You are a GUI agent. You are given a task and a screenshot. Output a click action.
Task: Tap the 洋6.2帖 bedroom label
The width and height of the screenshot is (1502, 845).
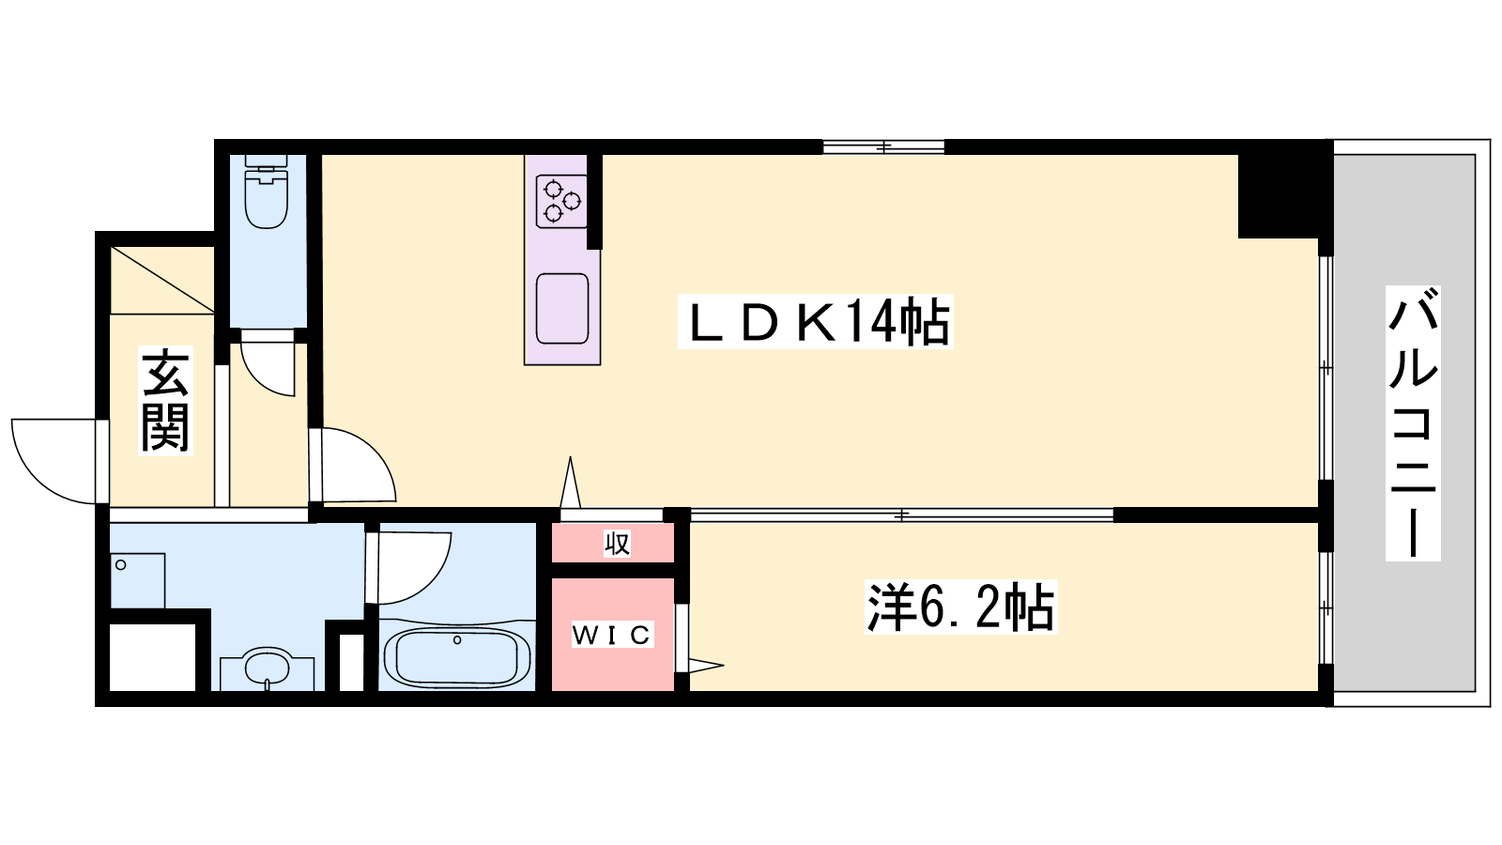tap(960, 607)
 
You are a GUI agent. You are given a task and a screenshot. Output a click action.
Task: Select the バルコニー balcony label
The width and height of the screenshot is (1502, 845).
tap(1413, 423)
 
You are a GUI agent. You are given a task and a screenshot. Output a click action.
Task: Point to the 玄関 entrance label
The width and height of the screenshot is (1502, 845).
tap(165, 401)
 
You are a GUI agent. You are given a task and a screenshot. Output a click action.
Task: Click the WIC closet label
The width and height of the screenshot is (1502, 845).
tap(611, 635)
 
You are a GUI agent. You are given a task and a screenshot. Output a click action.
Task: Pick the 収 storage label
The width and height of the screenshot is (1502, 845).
tap(617, 543)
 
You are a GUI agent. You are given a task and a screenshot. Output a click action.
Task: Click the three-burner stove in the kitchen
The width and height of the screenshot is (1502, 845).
tap(562, 201)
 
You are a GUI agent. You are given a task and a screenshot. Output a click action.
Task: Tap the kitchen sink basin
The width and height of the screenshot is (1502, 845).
tap(562, 309)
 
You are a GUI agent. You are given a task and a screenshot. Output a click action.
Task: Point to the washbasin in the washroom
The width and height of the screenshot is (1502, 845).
tap(267, 668)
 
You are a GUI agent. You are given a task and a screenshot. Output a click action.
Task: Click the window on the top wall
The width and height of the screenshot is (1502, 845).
tap(883, 146)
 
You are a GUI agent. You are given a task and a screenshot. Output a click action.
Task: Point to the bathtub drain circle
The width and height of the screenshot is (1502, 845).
tap(457, 639)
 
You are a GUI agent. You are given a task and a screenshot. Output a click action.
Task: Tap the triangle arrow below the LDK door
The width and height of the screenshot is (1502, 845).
tap(571, 483)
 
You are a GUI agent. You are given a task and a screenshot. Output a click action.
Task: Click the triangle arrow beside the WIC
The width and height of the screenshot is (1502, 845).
tap(705, 666)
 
